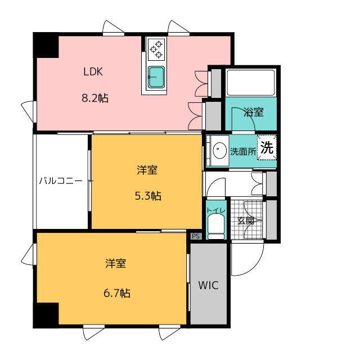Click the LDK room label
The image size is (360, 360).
coord(93,71)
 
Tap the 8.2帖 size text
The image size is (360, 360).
coord(95,98)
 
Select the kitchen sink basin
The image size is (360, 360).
coord(156,77)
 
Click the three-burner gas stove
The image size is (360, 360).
coord(156,49)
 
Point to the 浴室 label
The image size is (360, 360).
coord(254,112)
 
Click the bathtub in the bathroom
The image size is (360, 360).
coord(251,83)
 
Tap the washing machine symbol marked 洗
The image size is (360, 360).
coord(267,147)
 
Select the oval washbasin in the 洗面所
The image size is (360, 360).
coord(220,150)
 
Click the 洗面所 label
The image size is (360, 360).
coord(243,151)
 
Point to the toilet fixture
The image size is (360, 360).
coord(216,227)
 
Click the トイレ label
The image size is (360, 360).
coord(216,210)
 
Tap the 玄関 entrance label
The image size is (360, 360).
coord(246,221)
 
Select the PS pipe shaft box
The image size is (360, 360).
coord(196,236)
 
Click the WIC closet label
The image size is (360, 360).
coord(208,285)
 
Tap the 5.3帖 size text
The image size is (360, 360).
coord(148,196)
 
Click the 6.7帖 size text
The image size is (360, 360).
coord(117,293)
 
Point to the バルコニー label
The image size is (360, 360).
coord(61,181)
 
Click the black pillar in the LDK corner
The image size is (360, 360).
coord(46,46)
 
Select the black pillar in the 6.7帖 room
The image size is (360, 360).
coord(46,315)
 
